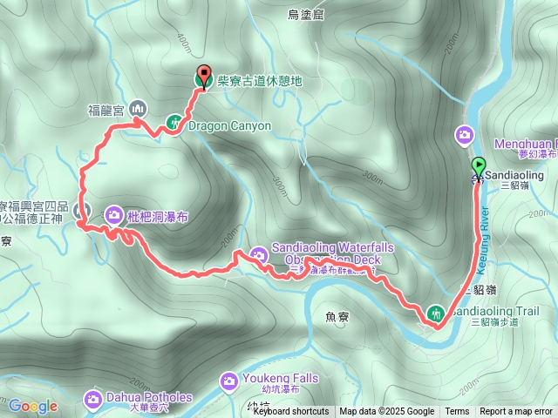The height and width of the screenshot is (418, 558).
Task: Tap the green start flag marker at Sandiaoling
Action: [479, 165]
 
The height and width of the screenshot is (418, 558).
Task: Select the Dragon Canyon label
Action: [229, 126]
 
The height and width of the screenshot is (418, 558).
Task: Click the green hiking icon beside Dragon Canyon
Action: [174, 125]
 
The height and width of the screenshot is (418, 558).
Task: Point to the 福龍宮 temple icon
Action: [138, 109]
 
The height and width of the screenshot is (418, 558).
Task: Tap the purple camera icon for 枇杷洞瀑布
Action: [115, 214]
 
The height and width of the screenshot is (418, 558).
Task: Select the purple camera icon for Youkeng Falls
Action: [229, 381]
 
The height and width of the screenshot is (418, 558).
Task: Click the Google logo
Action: [32, 406]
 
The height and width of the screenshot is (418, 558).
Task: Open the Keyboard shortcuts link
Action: [290, 412]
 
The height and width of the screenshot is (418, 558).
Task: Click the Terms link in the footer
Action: [457, 412]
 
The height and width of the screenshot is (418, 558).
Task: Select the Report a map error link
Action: [516, 412]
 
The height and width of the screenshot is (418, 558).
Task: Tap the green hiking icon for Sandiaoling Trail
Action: [435, 312]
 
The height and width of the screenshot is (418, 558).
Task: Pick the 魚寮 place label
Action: [336, 318]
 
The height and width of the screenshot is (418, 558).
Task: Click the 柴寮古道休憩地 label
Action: [259, 81]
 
